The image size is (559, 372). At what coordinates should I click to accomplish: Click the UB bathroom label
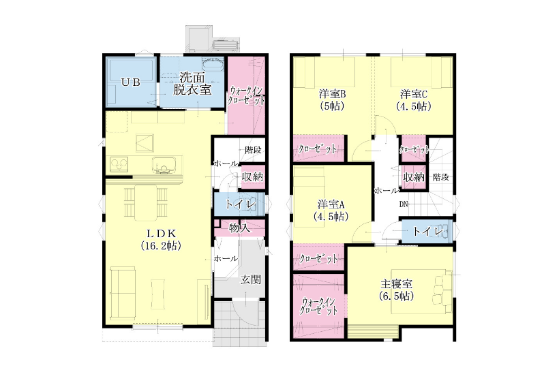pos(131,82)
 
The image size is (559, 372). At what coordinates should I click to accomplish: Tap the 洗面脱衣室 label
pos(192,83)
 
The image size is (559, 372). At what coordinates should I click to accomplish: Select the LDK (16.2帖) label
pos(161,239)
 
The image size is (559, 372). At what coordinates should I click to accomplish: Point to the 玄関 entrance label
pos(250,280)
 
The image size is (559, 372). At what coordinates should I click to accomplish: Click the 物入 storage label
pos(239,228)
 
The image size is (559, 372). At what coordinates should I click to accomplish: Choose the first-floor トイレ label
pos(241,204)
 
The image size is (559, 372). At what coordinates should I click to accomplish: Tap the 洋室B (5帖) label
pos(332,100)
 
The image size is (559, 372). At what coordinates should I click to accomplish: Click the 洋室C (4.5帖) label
pos(414,100)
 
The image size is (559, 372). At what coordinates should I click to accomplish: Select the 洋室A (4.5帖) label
pos(331,211)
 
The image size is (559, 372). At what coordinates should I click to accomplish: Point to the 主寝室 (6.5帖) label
pos(397,290)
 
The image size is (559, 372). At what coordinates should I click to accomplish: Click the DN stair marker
pos(403,204)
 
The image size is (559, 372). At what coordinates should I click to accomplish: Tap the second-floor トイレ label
pos(428,232)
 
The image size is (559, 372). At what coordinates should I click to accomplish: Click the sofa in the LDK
pos(123,293)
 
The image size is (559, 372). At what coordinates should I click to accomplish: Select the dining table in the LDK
pos(146,202)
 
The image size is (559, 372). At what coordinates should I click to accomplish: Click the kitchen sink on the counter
pos(164,165)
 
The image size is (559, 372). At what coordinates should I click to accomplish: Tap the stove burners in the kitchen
pos(119,164)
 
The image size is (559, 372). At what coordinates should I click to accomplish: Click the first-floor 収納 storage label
pos(252,176)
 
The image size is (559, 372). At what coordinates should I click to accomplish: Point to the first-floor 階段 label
pos(253,150)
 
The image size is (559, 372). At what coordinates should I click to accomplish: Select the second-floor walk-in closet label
pos(318,307)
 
